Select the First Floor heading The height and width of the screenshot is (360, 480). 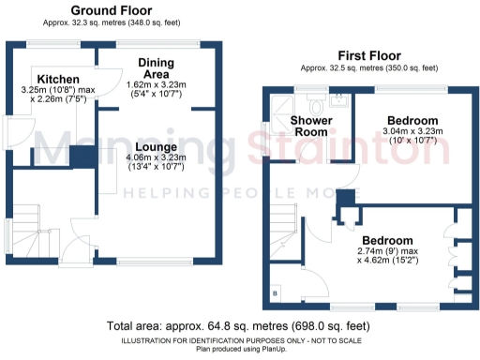coord(368,56)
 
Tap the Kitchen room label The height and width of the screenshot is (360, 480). coord(58,78)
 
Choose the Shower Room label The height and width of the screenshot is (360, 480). coord(309,127)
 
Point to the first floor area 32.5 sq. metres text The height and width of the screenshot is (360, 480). coord(368,68)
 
